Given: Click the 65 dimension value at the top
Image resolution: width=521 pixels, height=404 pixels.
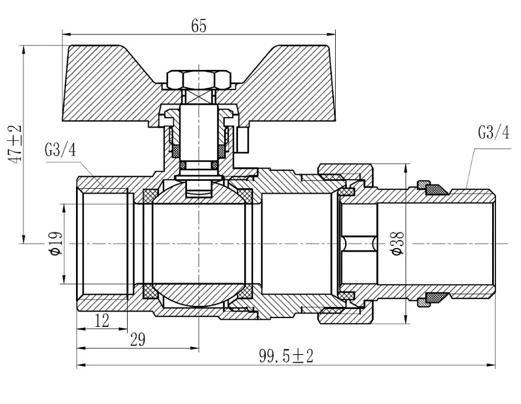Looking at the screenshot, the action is point(199,26).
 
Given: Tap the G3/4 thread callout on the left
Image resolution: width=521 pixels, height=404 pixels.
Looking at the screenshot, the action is point(60,150).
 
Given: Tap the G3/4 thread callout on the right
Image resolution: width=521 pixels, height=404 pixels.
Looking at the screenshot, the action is point(493,132).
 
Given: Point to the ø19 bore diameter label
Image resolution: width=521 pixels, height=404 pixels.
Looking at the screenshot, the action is point(56,244).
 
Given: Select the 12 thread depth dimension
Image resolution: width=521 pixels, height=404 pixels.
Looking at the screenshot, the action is point(102,321).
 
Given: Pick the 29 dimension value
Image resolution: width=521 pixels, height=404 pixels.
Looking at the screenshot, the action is point(138,340).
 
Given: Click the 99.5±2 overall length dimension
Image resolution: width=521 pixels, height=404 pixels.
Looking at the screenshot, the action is point(286,356).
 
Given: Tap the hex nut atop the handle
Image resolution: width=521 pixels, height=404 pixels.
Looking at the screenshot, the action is point(199,80).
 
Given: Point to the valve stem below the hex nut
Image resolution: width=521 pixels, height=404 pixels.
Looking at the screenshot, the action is point(199,132).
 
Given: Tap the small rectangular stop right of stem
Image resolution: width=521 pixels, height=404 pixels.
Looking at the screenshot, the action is point(243,140).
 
